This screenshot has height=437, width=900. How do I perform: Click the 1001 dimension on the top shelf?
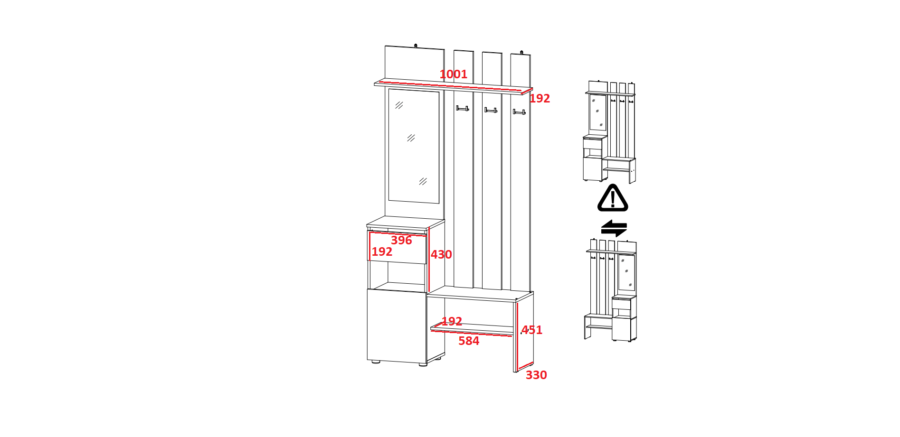(453, 74)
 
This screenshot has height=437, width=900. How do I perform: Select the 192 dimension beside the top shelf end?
(540, 98)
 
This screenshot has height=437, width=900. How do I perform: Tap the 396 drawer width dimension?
(401, 240)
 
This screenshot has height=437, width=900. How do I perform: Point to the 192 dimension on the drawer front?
(382, 252)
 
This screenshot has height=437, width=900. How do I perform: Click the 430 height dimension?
(441, 255)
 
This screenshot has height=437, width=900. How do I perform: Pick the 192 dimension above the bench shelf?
(452, 321)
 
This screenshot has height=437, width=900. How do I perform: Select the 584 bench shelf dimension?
(469, 341)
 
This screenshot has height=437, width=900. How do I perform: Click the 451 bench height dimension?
(532, 330)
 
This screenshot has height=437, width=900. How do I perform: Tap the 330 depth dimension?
(536, 375)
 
